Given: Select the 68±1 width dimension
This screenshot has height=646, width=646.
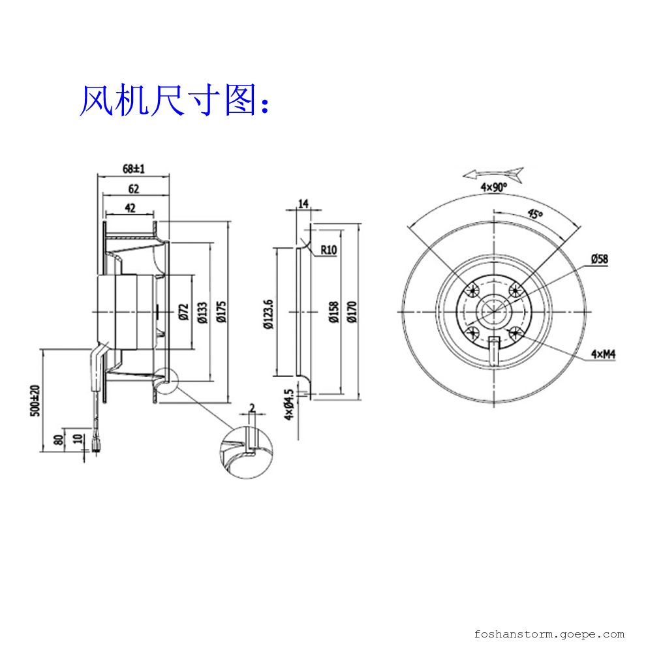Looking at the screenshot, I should [x=133, y=168].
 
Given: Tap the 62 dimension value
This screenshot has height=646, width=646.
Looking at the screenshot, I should [x=133, y=190].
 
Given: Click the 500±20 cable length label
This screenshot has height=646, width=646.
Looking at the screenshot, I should [x=36, y=400].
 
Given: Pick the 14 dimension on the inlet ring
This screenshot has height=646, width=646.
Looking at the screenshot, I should [x=303, y=204].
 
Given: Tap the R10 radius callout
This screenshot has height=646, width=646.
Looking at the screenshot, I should [x=328, y=250].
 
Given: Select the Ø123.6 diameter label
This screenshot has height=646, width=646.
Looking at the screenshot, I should [x=268, y=313].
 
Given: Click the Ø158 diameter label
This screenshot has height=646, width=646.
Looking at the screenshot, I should [x=333, y=313].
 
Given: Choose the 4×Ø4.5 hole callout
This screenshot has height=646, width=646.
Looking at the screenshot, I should [x=288, y=405].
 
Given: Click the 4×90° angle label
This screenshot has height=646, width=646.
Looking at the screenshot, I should [x=494, y=187].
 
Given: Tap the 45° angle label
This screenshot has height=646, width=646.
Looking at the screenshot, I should [x=534, y=215].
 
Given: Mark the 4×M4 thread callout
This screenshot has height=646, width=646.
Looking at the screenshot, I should [x=604, y=354].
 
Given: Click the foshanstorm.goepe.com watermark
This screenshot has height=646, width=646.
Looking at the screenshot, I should [x=549, y=633].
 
